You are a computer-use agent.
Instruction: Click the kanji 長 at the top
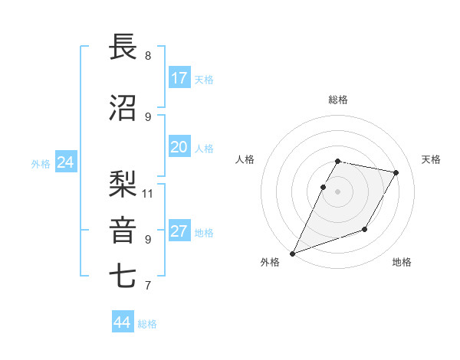point(124,47)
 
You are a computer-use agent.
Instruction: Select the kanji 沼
point(124,107)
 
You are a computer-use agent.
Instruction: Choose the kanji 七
point(124,276)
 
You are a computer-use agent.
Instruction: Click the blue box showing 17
point(179,78)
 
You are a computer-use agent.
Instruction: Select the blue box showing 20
point(179,147)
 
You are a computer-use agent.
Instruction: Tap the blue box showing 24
point(65,162)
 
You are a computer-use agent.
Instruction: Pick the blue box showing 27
point(179,231)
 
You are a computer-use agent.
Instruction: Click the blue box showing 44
point(123,322)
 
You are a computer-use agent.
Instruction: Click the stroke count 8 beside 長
point(147,56)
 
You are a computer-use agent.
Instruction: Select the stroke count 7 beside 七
point(147,286)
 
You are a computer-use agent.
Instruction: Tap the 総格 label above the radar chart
point(337,100)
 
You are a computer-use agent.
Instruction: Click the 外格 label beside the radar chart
point(270,262)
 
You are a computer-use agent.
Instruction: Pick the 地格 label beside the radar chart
point(402,262)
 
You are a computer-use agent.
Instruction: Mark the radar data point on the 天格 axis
point(396,173)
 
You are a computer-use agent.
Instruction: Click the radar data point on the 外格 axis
point(292,254)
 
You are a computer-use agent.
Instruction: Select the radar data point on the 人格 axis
point(324,187)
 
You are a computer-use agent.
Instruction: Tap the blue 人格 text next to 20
point(203,148)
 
